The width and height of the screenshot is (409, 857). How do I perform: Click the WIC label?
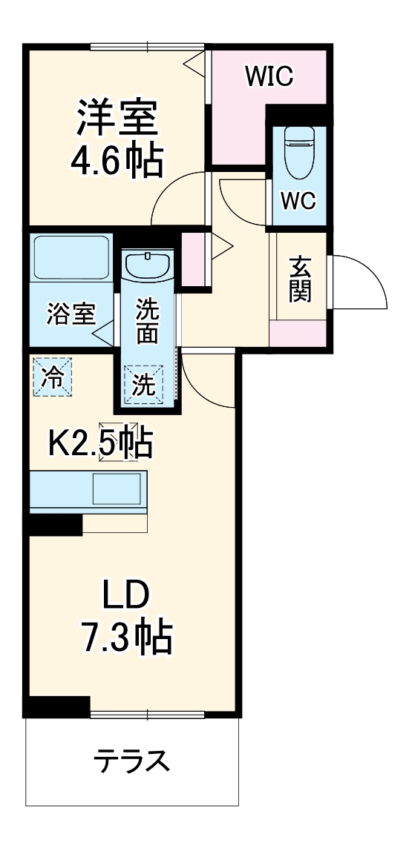point(270,75)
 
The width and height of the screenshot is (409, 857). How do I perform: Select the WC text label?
point(298,199)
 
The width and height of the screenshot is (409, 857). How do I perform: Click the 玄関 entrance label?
point(300,279)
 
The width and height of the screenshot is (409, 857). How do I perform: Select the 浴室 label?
point(71,314)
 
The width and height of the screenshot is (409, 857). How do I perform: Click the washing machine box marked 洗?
point(144,384)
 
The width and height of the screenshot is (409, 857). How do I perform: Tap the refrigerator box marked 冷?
point(53,376)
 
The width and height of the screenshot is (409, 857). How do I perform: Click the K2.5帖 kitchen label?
point(101,444)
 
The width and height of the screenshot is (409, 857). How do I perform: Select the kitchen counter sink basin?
point(117,489)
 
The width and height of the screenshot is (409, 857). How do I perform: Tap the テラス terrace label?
point(131,761)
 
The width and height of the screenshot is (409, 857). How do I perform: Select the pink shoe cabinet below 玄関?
point(298,334)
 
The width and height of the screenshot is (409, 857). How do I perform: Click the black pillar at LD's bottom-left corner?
point(56,706)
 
